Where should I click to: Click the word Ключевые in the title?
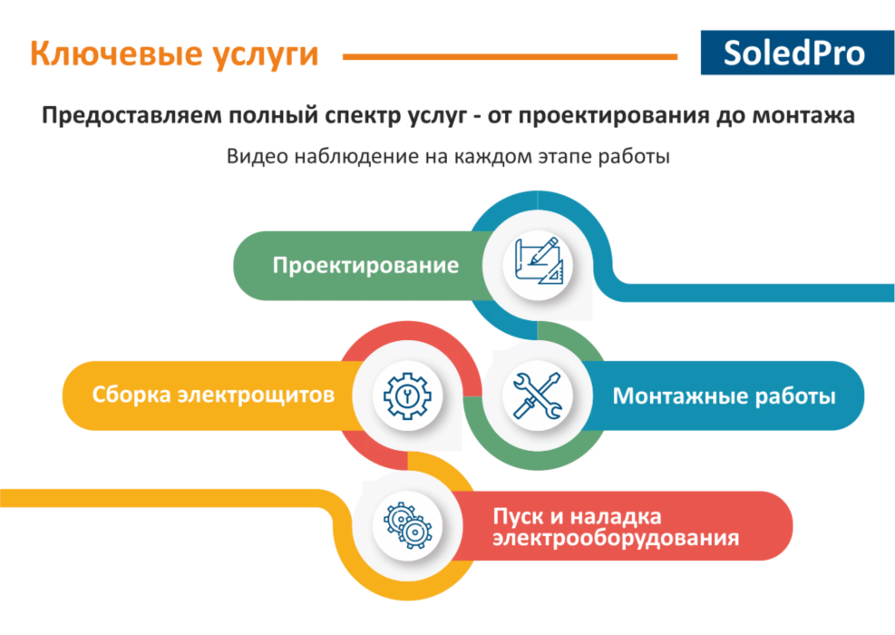[x=115, y=54]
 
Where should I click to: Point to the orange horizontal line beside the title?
[x=510, y=56]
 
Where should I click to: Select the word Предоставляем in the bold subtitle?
[x=131, y=116]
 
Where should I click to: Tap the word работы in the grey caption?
[x=634, y=156]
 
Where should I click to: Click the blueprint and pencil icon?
[x=539, y=261]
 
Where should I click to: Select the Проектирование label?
[x=365, y=266]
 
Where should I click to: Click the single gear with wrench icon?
[x=407, y=396]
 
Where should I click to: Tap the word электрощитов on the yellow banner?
[x=256, y=396]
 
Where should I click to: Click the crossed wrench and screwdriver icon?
[x=537, y=396]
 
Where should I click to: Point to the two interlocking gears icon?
[x=408, y=525]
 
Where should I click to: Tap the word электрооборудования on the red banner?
[x=616, y=538]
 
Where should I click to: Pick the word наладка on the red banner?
[x=616, y=517]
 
